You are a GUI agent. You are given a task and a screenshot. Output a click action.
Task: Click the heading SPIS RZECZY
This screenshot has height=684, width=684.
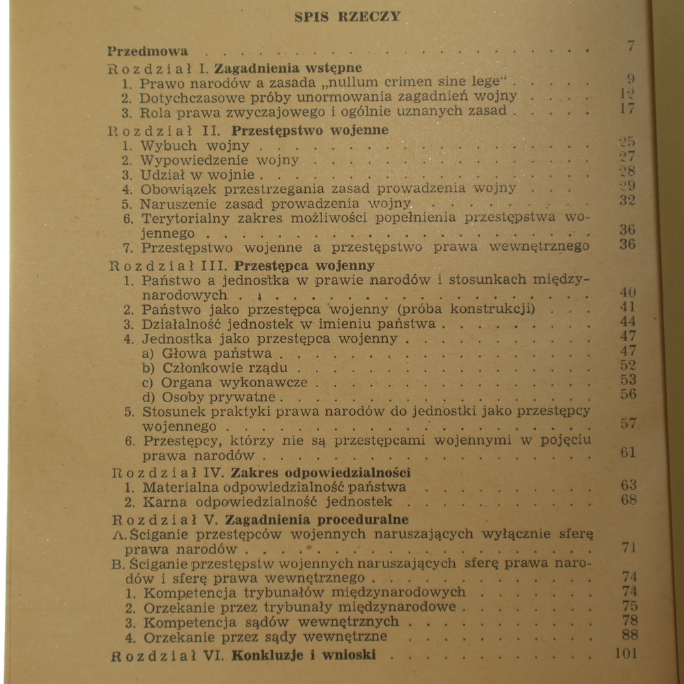pyautogui.click(x=347, y=16)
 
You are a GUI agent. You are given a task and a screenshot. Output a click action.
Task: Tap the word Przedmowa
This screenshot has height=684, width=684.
pyautogui.click(x=148, y=51)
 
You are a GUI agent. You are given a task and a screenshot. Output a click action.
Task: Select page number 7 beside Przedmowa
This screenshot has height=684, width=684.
pyautogui.click(x=630, y=47)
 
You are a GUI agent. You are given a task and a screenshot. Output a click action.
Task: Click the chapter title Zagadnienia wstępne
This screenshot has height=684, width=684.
pyautogui.click(x=288, y=68)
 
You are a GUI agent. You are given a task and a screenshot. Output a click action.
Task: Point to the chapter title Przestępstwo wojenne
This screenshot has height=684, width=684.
pyautogui.click(x=310, y=130)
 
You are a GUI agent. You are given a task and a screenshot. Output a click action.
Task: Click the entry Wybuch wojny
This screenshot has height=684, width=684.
pyautogui.click(x=169, y=146)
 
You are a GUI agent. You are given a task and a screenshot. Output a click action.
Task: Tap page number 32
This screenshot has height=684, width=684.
pyautogui.click(x=627, y=200)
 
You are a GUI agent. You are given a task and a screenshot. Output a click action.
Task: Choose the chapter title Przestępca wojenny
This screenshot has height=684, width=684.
pyautogui.click(x=304, y=265)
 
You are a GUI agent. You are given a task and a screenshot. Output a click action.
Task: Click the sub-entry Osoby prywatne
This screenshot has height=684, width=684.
pyautogui.click(x=218, y=397)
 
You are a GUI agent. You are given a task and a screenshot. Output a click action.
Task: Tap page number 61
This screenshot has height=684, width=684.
pyautogui.click(x=628, y=452)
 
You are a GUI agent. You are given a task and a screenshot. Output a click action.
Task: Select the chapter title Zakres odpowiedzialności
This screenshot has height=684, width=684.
pyautogui.click(x=321, y=472)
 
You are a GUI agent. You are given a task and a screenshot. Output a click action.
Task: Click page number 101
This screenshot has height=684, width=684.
pyautogui.click(x=625, y=653)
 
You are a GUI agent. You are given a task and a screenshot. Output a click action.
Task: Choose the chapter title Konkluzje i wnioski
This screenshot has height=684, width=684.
pyautogui.click(x=304, y=655)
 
